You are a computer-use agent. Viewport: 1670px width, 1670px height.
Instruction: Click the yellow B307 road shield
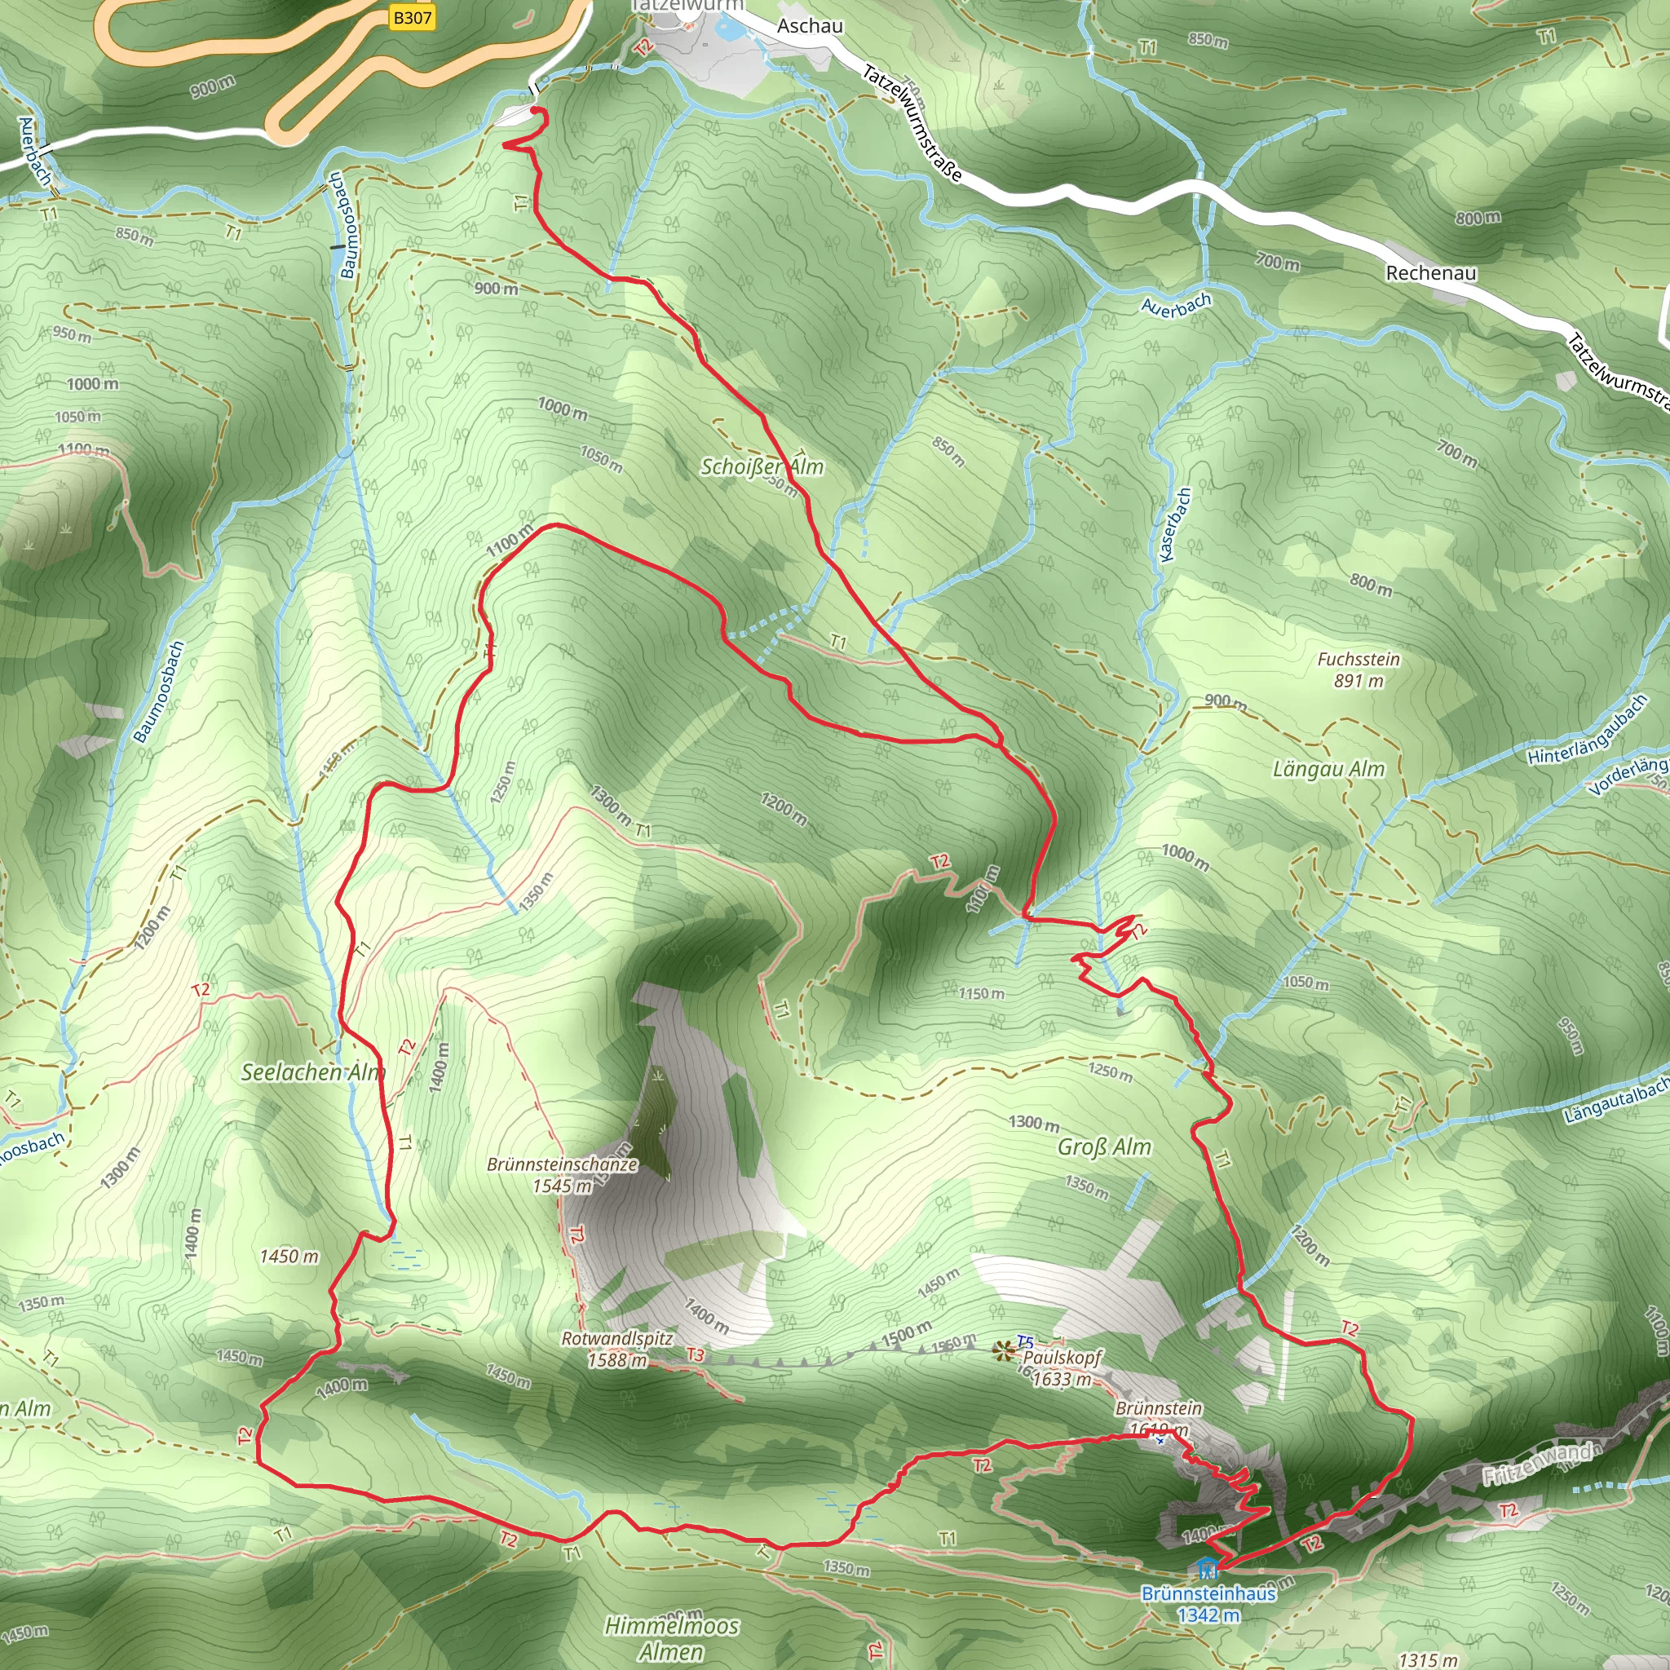coord(412,17)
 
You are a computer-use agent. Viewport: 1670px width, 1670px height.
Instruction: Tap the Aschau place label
coord(809,26)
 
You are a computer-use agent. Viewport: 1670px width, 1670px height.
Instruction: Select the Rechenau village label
coord(1430,273)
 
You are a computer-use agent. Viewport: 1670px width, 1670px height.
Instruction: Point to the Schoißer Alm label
coord(762,466)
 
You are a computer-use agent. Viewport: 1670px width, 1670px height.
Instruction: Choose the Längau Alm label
coord(1328,768)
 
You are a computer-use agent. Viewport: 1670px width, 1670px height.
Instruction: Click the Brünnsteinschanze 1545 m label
coord(562,1175)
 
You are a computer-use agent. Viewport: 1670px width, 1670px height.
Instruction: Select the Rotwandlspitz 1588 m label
coord(617,1349)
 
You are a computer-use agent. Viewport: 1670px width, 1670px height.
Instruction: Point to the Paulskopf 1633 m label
coord(1063,1367)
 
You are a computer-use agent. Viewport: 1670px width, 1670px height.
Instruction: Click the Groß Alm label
coord(1105,1147)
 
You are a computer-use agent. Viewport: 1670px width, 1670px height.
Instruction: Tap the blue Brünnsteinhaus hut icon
coord(1207,1566)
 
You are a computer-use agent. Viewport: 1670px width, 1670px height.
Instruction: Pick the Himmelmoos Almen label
coord(672,1638)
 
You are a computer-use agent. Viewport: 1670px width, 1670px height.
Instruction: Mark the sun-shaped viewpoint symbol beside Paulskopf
coord(1004,1350)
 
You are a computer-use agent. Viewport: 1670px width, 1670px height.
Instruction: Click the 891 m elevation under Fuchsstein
coord(1358,680)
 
